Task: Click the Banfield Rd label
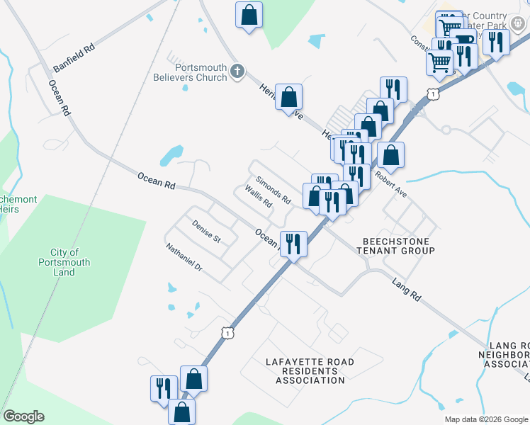[x=74, y=59]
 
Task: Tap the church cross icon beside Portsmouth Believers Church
[x=237, y=72]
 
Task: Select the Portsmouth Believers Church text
[x=190, y=72]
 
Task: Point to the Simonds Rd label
[x=274, y=189]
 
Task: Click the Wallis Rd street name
[x=259, y=197]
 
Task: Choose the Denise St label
[x=206, y=232]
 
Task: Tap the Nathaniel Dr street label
[x=184, y=259]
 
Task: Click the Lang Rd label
[x=406, y=290]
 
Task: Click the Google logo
[x=23, y=416]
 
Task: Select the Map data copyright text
[x=487, y=419]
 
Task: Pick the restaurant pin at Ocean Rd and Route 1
[x=293, y=244]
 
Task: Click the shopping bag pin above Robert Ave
[x=390, y=154]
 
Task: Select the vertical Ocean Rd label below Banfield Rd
[x=60, y=98]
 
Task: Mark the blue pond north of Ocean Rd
[x=171, y=154]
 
